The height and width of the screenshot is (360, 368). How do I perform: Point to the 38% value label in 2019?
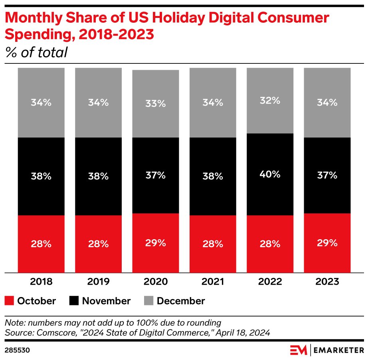coord(98,176)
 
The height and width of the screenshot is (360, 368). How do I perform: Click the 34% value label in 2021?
coord(212,102)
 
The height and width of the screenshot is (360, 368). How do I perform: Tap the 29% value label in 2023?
coord(327,243)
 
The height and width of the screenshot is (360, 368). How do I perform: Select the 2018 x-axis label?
coord(41,282)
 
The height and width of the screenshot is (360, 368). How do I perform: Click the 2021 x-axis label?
coord(212,282)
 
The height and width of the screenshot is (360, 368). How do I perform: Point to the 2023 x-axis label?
coord(327,282)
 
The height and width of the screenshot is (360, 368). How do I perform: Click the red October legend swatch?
coord(10,301)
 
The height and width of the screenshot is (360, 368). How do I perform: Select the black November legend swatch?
coord(74,301)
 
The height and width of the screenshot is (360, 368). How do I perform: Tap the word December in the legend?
coord(181,301)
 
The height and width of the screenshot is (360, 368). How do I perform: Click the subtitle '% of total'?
coord(36,52)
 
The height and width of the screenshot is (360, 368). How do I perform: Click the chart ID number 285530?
coord(18,350)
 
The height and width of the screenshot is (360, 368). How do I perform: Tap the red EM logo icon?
coord(298,350)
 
